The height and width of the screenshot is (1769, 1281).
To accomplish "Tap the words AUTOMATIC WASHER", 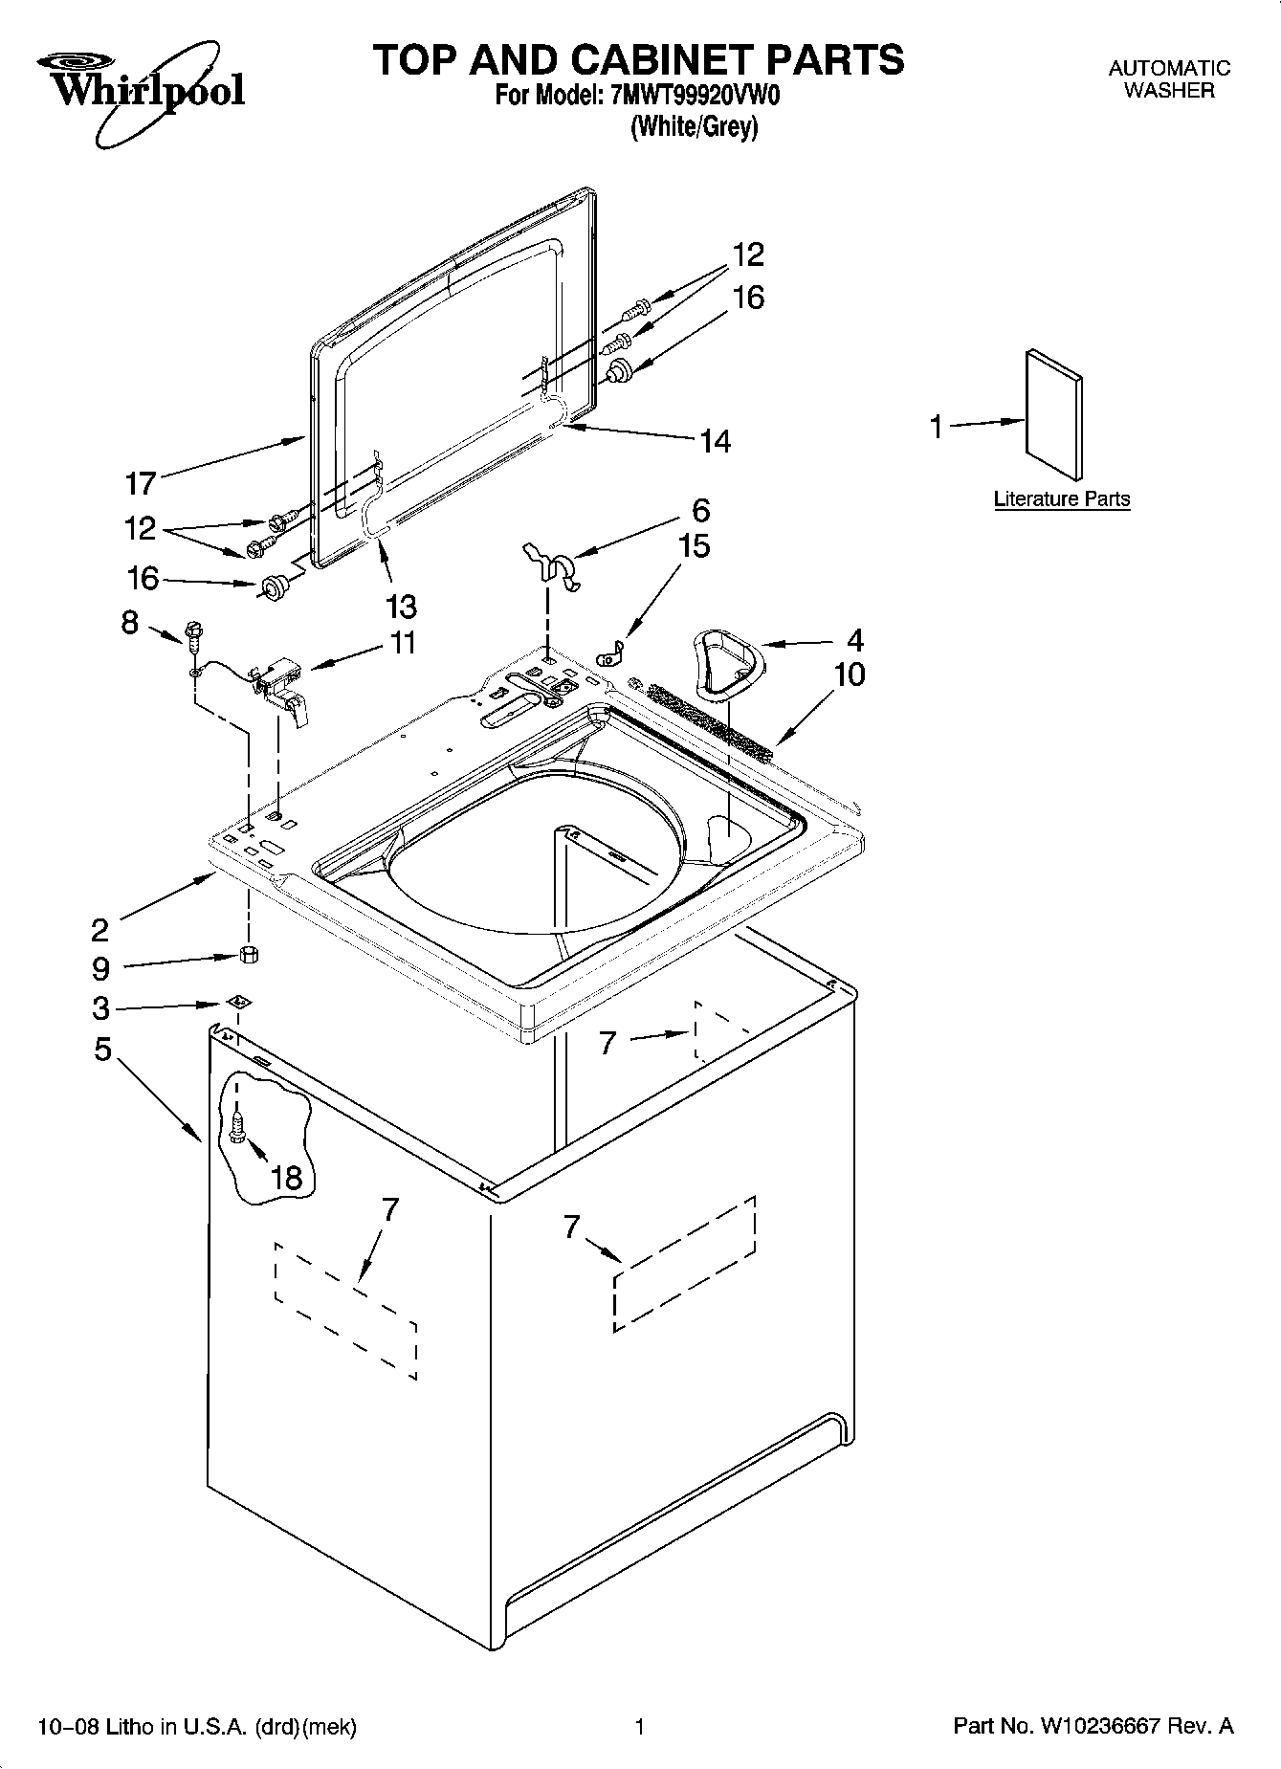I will pyautogui.click(x=1168, y=79).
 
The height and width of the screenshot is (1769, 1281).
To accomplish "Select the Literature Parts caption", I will pyautogui.click(x=1061, y=498).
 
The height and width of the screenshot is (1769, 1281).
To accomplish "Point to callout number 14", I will pyautogui.click(x=715, y=441).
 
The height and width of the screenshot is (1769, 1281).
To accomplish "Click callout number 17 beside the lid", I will pyautogui.click(x=140, y=484).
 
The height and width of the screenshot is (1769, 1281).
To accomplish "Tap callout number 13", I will pyautogui.click(x=402, y=607).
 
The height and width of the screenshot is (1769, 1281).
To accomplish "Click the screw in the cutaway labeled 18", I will pyautogui.click(x=237, y=1126).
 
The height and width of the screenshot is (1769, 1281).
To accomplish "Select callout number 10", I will pyautogui.click(x=849, y=674).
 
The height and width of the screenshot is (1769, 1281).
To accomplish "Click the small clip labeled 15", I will pyautogui.click(x=608, y=656).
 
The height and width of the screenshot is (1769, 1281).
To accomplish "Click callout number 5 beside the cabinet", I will pyautogui.click(x=102, y=1050).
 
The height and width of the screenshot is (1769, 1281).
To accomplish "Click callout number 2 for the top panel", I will pyautogui.click(x=100, y=929).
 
